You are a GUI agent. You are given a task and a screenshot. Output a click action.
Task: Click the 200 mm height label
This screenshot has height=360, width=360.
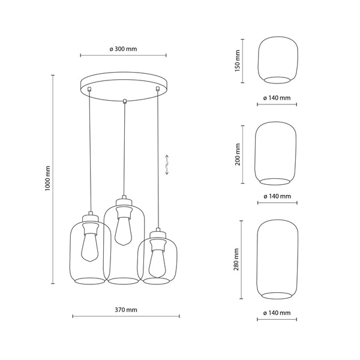(237, 154)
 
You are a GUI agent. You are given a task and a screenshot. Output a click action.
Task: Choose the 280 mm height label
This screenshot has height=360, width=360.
(237, 259)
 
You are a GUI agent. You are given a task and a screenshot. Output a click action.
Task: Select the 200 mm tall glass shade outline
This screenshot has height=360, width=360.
(277, 154)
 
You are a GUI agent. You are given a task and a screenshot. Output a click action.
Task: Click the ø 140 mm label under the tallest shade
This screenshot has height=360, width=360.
(277, 313)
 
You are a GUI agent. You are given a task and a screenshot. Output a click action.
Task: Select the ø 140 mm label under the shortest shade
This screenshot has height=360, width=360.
(277, 98)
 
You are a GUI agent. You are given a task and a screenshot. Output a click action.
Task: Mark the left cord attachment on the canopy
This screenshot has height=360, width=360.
(89, 89)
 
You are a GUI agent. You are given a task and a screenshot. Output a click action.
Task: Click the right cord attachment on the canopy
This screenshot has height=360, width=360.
(158, 89)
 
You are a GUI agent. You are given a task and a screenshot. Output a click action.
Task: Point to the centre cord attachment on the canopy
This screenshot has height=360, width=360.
(124, 100)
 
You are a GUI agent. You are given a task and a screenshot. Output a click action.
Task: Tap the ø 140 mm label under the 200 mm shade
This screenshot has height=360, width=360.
(277, 196)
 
